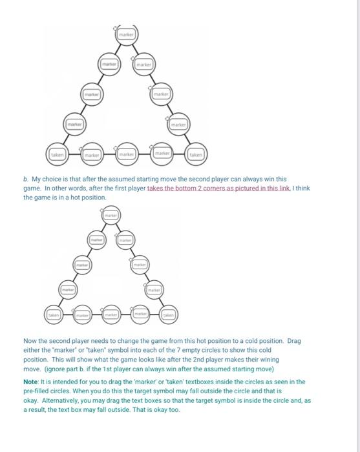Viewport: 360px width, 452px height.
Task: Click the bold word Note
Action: tap(32, 382)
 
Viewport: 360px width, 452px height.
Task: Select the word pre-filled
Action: tap(38, 391)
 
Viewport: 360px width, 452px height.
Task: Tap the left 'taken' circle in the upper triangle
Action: tap(57, 155)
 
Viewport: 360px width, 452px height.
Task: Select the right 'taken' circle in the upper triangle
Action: tap(195, 155)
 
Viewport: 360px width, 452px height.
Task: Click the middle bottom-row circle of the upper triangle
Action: tap(126, 154)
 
